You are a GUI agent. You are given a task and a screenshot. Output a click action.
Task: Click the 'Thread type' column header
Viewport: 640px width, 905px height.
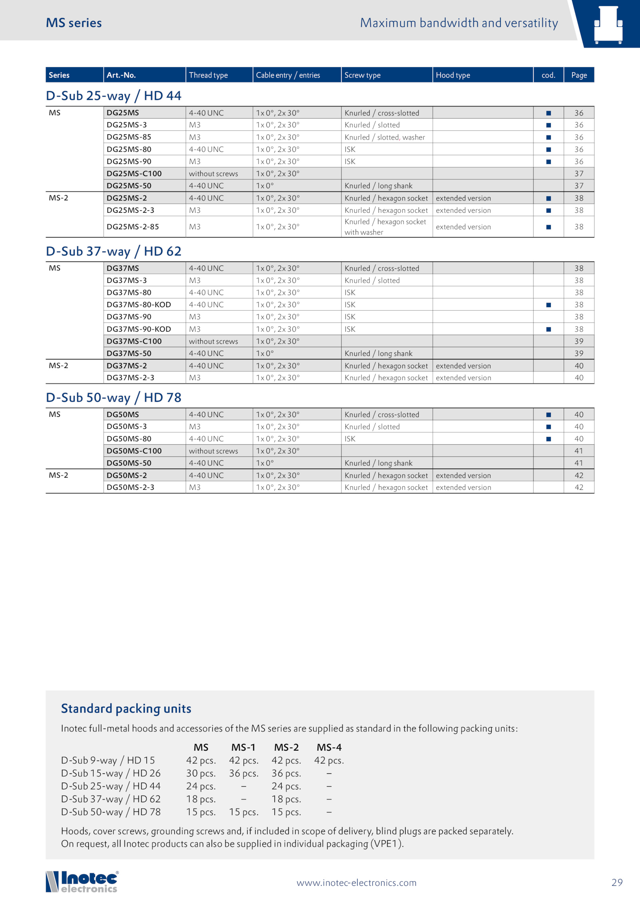click(208, 75)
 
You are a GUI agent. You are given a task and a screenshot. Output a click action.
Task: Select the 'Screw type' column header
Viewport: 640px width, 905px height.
click(362, 75)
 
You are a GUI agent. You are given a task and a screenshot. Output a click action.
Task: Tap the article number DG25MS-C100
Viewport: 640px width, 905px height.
click(134, 174)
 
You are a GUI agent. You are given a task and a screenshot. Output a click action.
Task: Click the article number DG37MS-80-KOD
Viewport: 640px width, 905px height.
click(138, 305)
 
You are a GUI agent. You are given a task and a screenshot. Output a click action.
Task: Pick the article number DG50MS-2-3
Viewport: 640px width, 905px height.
click(130, 487)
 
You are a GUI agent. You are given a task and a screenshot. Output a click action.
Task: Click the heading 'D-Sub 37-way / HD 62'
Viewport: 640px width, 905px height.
click(114, 251)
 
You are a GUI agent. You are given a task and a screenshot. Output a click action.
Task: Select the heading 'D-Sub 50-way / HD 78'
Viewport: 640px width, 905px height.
click(114, 398)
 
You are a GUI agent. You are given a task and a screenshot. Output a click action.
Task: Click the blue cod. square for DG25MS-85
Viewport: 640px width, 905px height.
click(548, 137)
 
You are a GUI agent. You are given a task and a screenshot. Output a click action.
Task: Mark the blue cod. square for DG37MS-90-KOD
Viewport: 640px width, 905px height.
click(548, 329)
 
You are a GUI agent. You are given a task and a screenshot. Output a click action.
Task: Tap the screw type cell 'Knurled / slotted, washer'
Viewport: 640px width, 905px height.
click(384, 137)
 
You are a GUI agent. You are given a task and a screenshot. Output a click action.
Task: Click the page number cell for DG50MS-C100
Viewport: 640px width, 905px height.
click(578, 451)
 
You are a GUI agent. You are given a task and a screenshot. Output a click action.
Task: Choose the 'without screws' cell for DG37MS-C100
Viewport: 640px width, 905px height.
click(213, 341)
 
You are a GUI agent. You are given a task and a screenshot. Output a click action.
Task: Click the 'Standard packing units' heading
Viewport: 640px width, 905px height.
click(126, 709)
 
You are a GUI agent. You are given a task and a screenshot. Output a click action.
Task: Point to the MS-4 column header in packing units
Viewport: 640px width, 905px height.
click(329, 747)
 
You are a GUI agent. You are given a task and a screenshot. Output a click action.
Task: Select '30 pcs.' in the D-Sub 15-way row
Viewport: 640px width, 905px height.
click(201, 773)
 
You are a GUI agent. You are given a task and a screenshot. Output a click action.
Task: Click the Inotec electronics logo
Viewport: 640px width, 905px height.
click(82, 882)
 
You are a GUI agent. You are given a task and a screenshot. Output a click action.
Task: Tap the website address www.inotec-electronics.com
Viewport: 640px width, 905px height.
click(356, 883)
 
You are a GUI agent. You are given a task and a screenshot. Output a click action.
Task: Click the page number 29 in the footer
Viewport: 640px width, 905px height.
click(617, 882)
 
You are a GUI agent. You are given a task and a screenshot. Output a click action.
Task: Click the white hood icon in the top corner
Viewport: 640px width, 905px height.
click(608, 24)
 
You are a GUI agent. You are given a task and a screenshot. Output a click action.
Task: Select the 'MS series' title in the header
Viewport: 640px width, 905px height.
click(74, 23)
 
